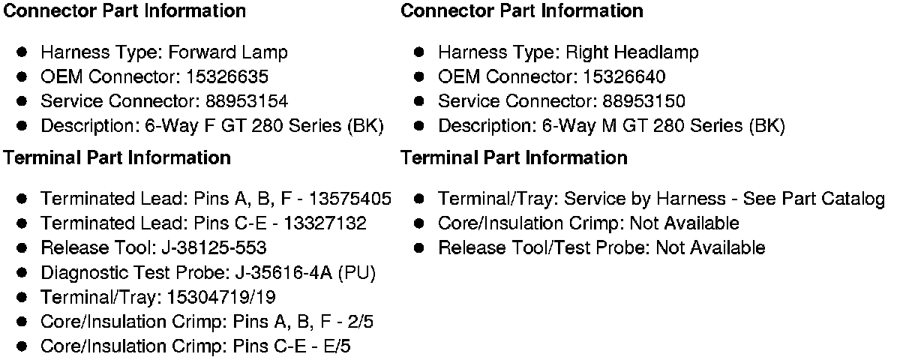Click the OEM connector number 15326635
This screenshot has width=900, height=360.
click(x=230, y=77)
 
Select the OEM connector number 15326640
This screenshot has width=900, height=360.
click(x=627, y=77)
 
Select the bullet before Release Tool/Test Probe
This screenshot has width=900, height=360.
click(x=420, y=247)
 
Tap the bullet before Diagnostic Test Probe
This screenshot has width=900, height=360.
click(x=23, y=272)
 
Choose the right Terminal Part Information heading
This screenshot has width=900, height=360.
click(x=514, y=158)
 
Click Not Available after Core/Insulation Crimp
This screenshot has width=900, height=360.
click(x=684, y=223)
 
